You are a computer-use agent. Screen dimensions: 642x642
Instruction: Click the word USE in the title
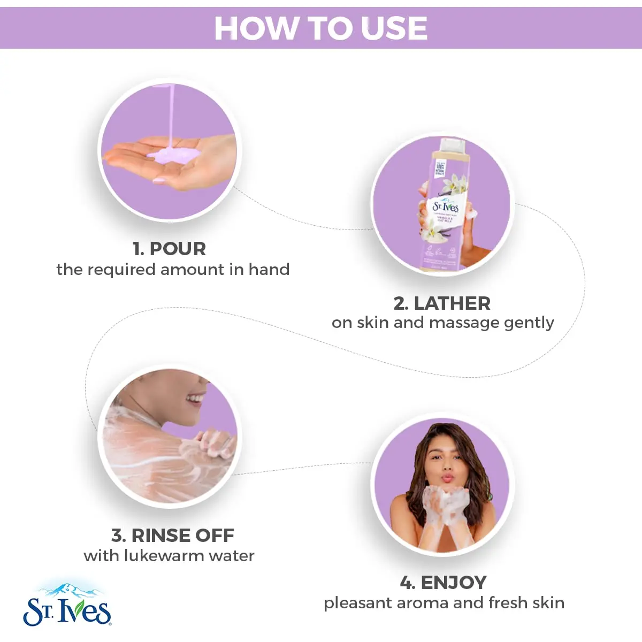click(x=394, y=28)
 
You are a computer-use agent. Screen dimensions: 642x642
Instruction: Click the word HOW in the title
click(x=257, y=28)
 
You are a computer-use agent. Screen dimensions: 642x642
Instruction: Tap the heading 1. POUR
click(x=170, y=249)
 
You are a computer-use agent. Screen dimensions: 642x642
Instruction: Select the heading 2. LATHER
click(x=442, y=303)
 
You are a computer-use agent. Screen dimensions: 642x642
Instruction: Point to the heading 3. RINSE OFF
click(x=173, y=535)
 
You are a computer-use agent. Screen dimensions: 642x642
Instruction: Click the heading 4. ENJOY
click(x=444, y=582)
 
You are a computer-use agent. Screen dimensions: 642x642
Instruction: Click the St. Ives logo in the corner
click(x=67, y=611)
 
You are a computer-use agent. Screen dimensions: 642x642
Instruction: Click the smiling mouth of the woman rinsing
click(x=195, y=399)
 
